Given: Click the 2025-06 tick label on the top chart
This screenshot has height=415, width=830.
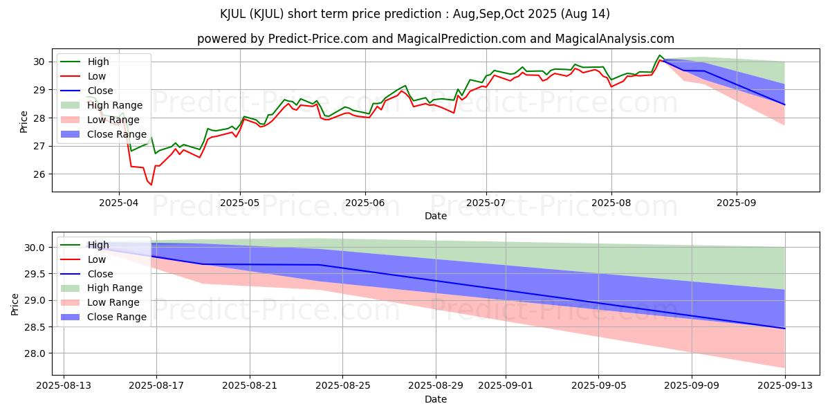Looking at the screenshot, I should coord(365,203).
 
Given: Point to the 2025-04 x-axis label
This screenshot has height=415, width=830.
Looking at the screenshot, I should coord(118,203).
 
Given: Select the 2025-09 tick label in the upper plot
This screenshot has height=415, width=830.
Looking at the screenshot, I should coord(736,203).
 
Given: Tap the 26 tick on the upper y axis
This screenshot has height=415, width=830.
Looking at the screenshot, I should coord(40,174).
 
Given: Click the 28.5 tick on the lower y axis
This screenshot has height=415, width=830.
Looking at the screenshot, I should coord(35,327).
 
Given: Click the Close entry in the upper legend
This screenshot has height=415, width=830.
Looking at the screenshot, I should coord(100,91).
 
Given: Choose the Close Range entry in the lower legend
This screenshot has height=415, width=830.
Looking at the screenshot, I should coord(117,317).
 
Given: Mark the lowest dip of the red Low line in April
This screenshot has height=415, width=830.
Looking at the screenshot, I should coord(151,185).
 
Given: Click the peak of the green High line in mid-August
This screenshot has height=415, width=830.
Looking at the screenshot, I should coord(660,55).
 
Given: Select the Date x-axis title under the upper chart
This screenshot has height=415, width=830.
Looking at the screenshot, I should coord(436,216).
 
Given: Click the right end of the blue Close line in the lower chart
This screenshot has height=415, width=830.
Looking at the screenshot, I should coord(784,329).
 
